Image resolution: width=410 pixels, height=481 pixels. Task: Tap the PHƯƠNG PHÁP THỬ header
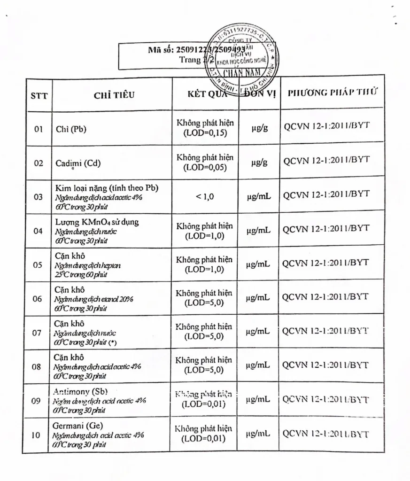[x=333, y=92]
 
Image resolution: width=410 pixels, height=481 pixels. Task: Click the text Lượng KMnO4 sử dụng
[x=97, y=222]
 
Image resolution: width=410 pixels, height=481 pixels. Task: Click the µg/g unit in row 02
[x=259, y=163]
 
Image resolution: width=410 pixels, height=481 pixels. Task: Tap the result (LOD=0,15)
[x=205, y=133]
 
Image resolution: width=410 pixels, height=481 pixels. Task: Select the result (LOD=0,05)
[x=205, y=168]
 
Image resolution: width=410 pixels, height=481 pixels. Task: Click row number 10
[x=36, y=435]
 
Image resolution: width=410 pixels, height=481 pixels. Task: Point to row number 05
[x=38, y=264]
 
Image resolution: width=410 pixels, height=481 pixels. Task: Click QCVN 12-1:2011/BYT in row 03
[x=326, y=194]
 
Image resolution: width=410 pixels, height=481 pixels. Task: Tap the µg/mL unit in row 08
[x=258, y=365]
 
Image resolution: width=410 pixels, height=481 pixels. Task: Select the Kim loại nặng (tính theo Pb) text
[x=107, y=188]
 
